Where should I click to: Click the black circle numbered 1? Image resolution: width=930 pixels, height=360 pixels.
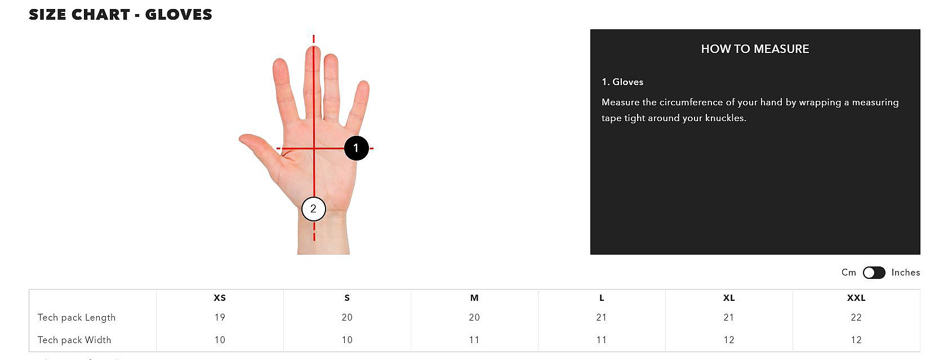click(356, 148)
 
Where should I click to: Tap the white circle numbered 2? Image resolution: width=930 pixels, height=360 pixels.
click(313, 209)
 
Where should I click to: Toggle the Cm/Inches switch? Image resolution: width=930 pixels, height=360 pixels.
click(874, 272)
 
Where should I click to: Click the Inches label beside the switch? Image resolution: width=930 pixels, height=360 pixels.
click(906, 272)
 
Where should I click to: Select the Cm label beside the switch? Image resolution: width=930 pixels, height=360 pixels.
click(849, 272)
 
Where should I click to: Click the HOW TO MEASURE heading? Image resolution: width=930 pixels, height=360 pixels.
click(755, 49)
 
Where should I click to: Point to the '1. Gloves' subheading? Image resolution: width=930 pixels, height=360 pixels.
click(622, 82)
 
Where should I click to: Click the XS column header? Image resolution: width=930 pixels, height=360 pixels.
click(220, 297)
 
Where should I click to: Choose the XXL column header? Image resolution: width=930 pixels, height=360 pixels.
click(856, 297)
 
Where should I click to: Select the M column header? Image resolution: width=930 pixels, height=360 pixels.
click(474, 297)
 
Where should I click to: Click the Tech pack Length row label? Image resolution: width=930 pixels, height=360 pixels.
click(77, 318)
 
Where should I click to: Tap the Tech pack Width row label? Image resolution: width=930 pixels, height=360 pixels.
click(74, 340)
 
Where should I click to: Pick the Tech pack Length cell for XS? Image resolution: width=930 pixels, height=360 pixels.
click(220, 318)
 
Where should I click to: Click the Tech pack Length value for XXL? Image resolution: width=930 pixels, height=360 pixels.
click(856, 318)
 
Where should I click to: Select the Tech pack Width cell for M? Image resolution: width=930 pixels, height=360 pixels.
click(474, 340)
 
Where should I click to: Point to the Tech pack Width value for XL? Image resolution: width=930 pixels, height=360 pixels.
click(729, 340)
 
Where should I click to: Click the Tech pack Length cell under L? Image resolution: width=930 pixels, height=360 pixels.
click(601, 318)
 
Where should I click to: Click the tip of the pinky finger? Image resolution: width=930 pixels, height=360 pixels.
click(364, 82)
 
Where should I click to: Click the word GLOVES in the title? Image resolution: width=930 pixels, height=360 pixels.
click(179, 15)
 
